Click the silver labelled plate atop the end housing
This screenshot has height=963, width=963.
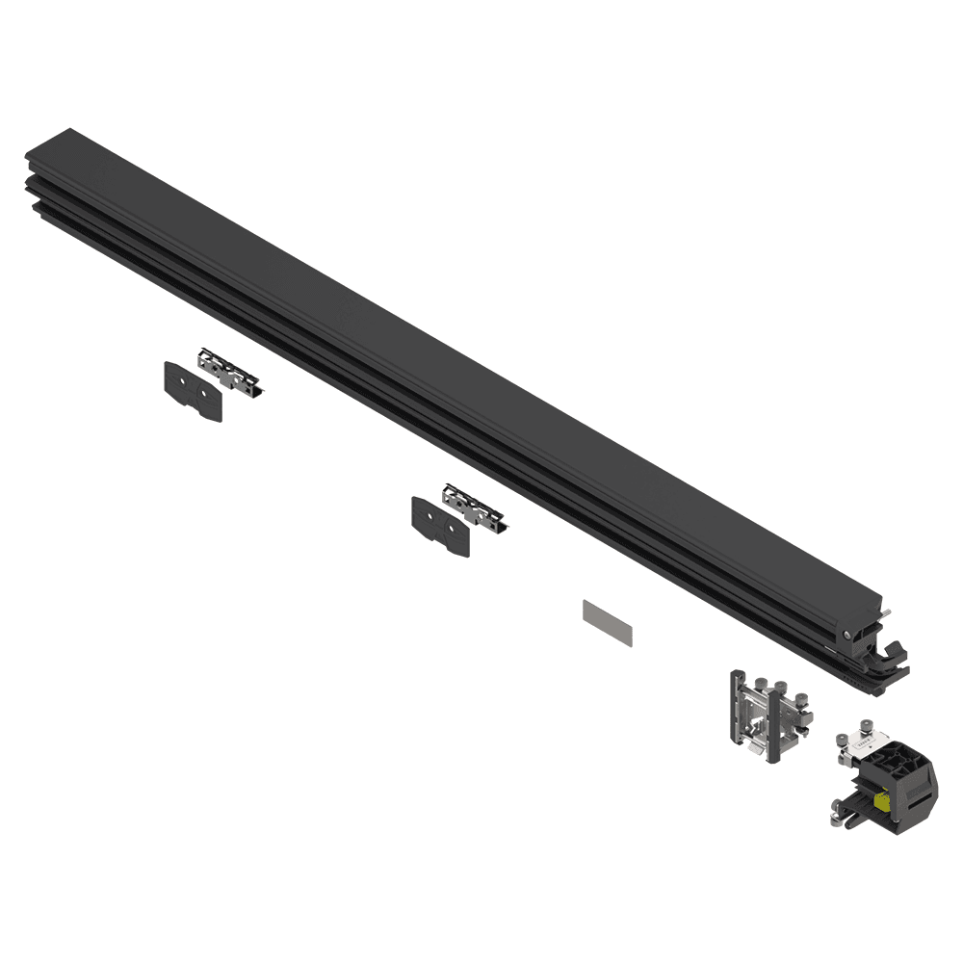click(865, 742)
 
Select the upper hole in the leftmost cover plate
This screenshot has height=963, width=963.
click(182, 381)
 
